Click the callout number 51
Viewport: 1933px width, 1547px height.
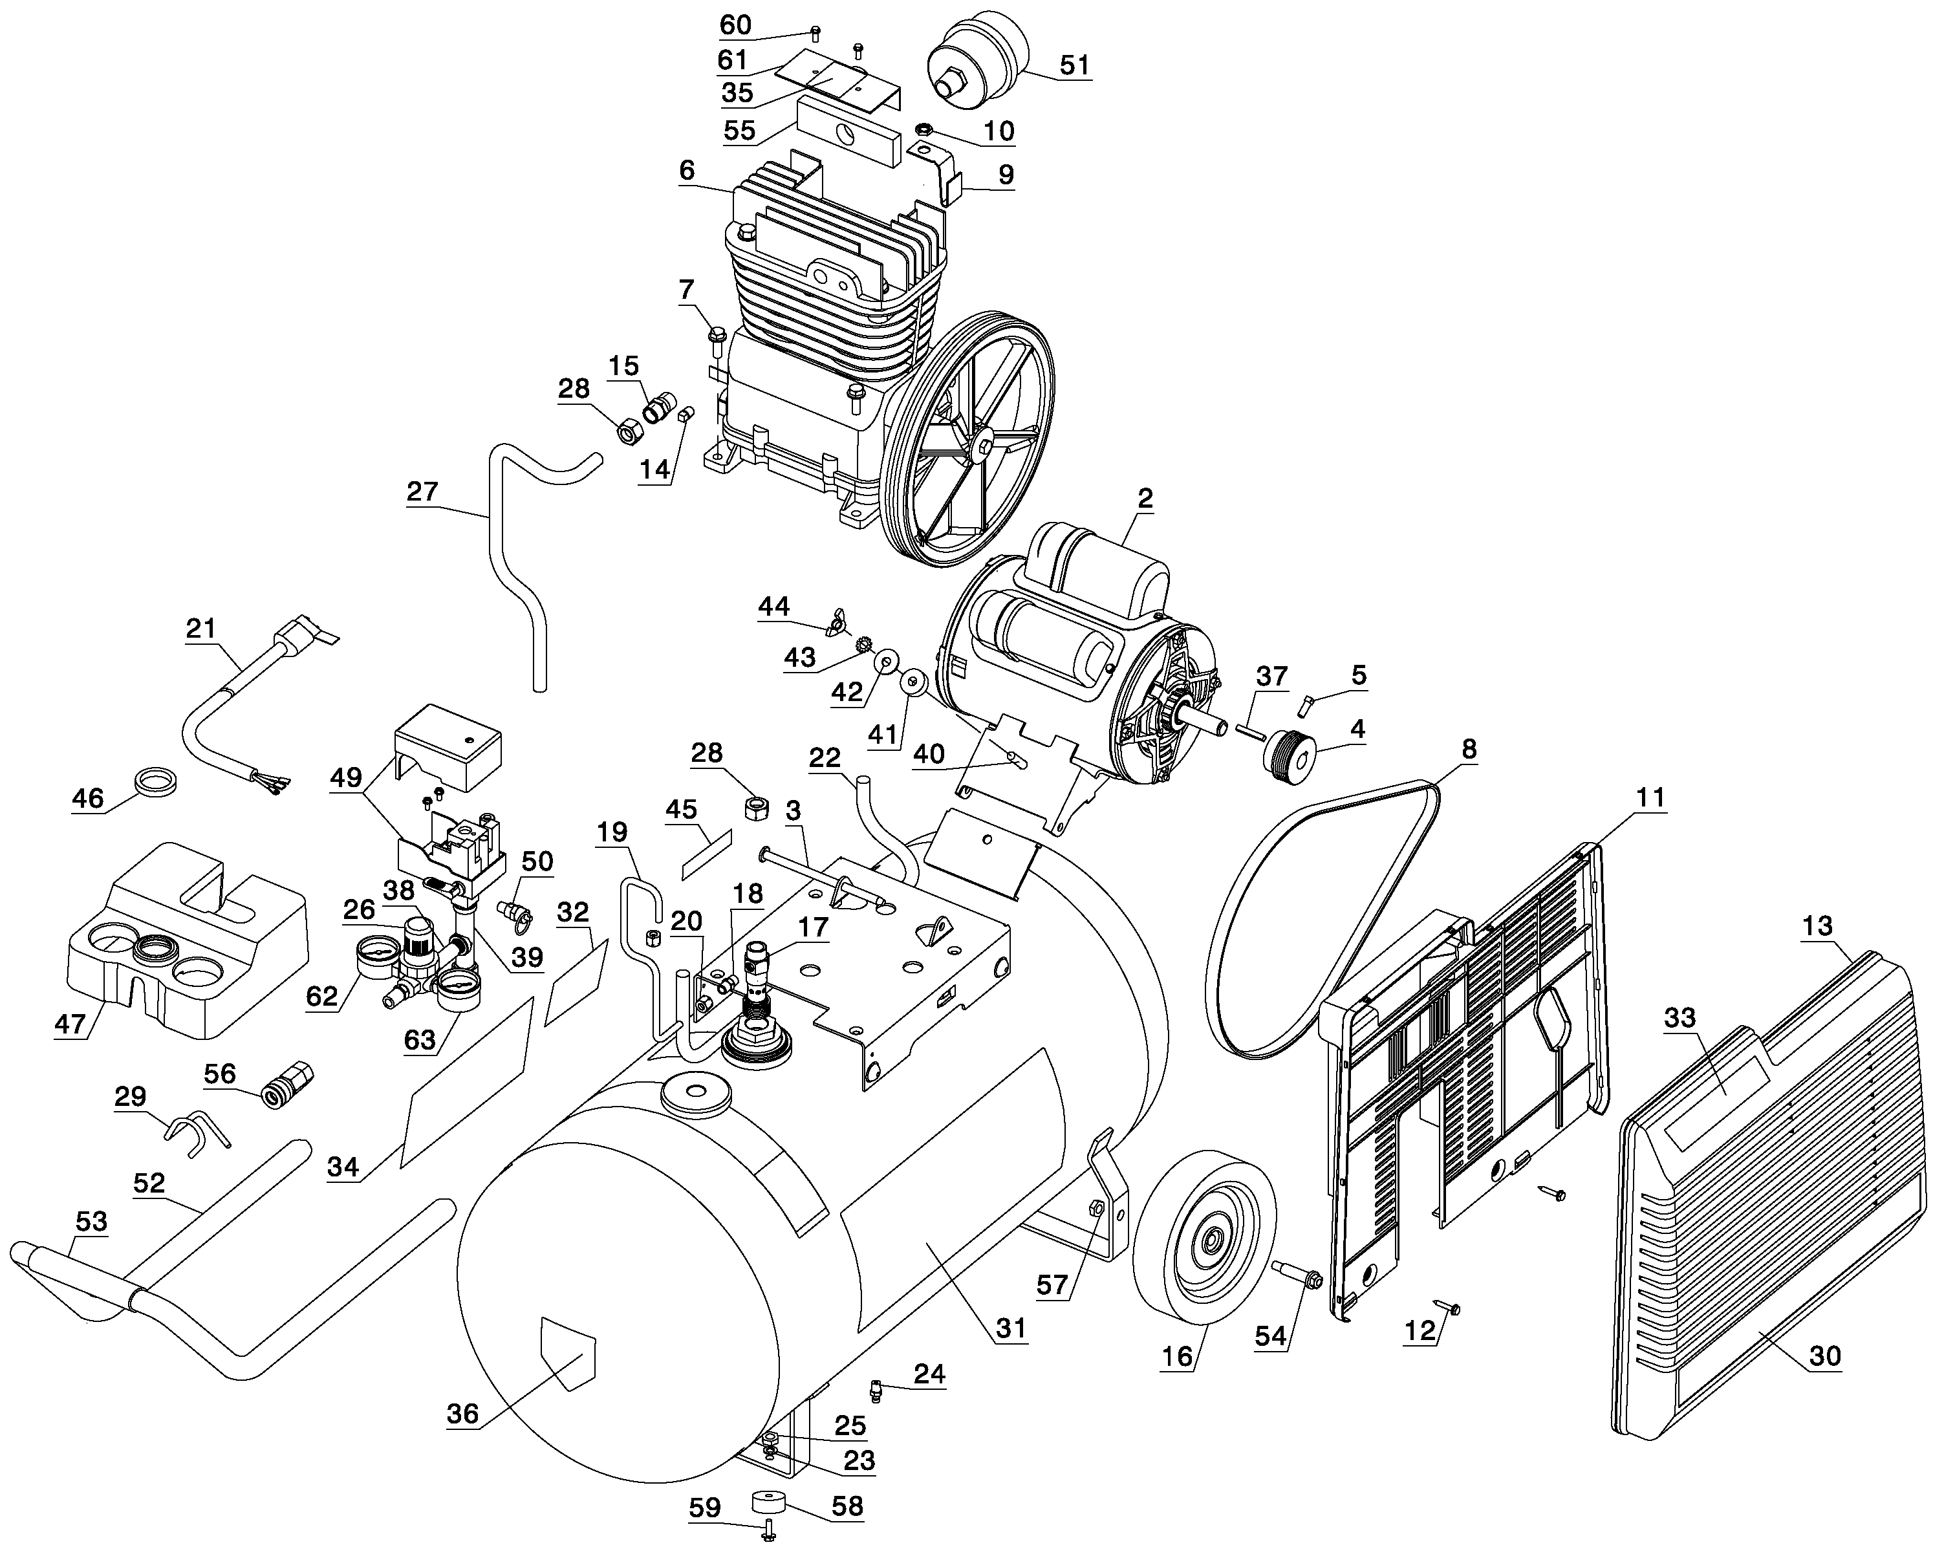(1074, 65)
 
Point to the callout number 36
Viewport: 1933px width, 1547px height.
(462, 1414)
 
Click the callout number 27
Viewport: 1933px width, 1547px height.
(422, 492)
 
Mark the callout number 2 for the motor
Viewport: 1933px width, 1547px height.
(1145, 499)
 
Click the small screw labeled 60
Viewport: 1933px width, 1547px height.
(815, 35)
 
